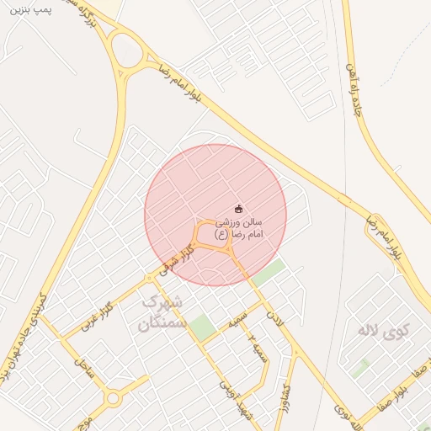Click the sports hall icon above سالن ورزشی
click(238, 209)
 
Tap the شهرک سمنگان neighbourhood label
click(159, 311)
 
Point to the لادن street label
click(272, 318)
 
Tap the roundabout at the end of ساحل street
click(113, 397)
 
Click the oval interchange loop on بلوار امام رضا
click(129, 53)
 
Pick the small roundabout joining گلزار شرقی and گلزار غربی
click(149, 277)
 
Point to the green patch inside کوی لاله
click(362, 368)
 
